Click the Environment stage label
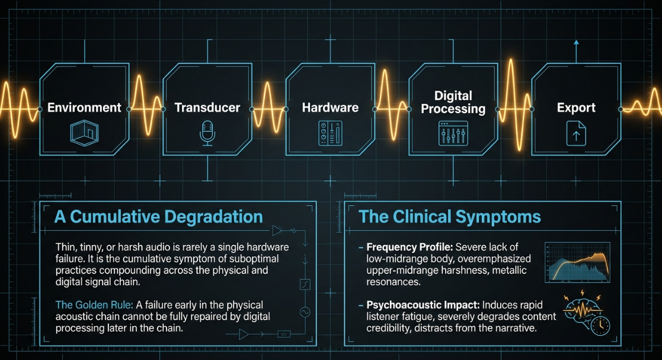84,108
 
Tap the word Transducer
207,108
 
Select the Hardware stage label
330,108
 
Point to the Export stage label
576,108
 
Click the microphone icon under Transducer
207,133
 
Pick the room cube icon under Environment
84,133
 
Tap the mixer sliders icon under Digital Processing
453,133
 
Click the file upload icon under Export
576,133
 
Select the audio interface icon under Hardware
330,133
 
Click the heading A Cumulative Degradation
158,216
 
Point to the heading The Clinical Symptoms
449,216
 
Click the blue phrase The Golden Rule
94,305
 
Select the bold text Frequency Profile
409,247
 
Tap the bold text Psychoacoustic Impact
423,305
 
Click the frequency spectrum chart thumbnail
578,262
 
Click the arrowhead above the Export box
576,43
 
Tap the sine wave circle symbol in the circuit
305,312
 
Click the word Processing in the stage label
453,109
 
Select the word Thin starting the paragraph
66,247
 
